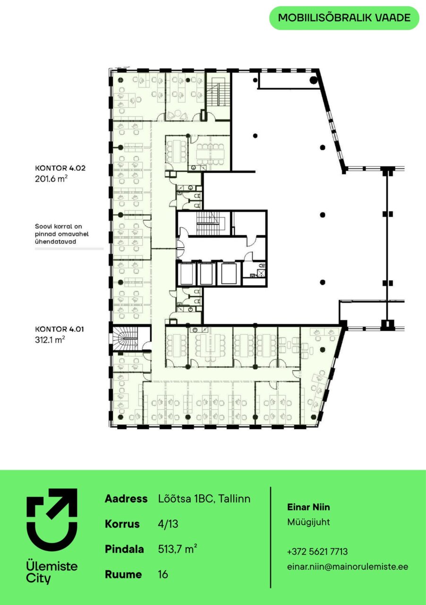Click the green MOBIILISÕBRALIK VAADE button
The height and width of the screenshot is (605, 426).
(344, 18)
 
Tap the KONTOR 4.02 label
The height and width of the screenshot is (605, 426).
(60, 168)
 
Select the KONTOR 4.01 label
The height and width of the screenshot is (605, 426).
(60, 329)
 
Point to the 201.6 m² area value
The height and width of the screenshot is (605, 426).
(51, 179)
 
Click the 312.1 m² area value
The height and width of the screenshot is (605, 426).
(50, 339)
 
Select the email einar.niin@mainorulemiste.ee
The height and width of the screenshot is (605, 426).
(348, 566)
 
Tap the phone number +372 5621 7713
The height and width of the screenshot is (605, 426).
(317, 551)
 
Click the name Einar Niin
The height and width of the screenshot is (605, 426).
(308, 507)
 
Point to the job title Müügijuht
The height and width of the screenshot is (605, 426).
(308, 522)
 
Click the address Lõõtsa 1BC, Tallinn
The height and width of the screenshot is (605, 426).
(204, 499)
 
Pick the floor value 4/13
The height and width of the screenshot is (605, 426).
(168, 524)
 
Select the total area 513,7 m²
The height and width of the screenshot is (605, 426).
(178, 549)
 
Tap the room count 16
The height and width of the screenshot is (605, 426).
(163, 574)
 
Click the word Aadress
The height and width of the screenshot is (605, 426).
(126, 499)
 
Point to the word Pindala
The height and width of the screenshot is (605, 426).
(124, 549)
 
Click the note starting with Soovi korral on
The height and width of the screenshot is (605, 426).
(62, 234)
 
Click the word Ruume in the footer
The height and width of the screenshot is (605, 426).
(123, 574)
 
